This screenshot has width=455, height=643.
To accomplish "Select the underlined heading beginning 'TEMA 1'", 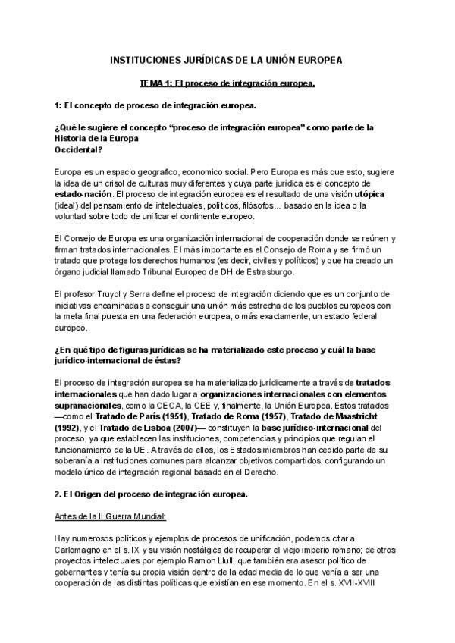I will click(227, 82).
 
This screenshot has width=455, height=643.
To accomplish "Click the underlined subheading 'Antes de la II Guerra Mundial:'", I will click(113, 516).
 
